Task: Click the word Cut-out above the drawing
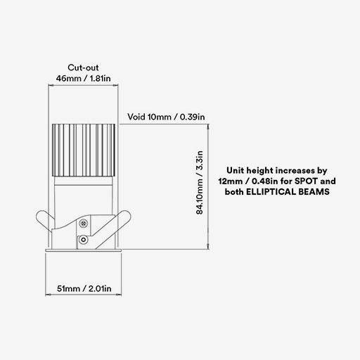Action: coord(83,67)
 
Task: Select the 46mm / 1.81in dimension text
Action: coord(83,78)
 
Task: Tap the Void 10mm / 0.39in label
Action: coord(166,117)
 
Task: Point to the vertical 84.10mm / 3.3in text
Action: coord(199,183)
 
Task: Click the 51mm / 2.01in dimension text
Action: coord(84,288)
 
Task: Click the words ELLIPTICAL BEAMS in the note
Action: coord(288,192)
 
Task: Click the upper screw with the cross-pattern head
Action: coord(83,224)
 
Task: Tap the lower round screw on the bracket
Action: coord(83,240)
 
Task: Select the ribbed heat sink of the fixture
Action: coord(84,150)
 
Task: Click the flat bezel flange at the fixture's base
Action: coord(84,250)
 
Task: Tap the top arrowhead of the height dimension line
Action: coord(208,127)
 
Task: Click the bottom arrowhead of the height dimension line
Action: coord(208,247)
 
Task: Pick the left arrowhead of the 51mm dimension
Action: coord(48,295)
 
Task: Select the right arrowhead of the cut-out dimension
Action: coord(116,85)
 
